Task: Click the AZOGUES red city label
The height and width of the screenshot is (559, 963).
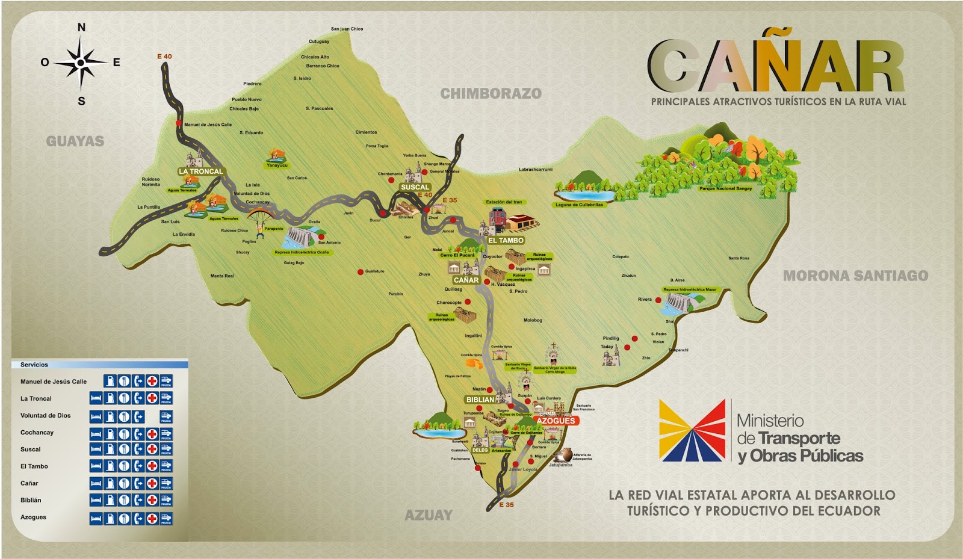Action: pyautogui.click(x=556, y=421)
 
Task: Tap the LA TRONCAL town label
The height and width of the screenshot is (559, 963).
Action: pyautogui.click(x=200, y=171)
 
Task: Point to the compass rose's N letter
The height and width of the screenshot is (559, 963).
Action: pyautogui.click(x=81, y=27)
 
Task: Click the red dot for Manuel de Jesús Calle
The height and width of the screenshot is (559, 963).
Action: pyautogui.click(x=179, y=123)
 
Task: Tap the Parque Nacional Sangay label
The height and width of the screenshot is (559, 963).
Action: pyautogui.click(x=725, y=188)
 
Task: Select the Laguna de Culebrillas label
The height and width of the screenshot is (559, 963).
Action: pyautogui.click(x=579, y=205)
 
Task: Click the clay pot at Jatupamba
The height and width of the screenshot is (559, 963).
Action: pyautogui.click(x=565, y=455)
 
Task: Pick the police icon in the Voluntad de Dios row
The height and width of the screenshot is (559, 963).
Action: pyautogui.click(x=166, y=416)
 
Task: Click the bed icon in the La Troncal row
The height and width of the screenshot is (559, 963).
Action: pyautogui.click(x=95, y=398)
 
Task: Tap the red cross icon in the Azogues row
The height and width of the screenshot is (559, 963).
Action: pyautogui.click(x=152, y=517)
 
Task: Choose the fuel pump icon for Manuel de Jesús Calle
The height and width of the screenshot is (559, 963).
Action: pyautogui.click(x=110, y=381)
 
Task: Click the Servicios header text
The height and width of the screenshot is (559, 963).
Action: pyautogui.click(x=34, y=365)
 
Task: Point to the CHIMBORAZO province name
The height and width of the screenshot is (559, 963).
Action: pyautogui.click(x=491, y=93)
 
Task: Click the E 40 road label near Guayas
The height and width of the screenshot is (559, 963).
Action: pyautogui.click(x=164, y=57)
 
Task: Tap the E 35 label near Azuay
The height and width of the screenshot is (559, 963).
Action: pyautogui.click(x=507, y=505)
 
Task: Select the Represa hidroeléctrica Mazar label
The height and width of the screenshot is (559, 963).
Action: pyautogui.click(x=690, y=289)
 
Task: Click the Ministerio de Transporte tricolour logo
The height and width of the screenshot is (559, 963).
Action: pyautogui.click(x=692, y=431)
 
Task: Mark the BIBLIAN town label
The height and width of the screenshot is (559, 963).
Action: pyautogui.click(x=480, y=400)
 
